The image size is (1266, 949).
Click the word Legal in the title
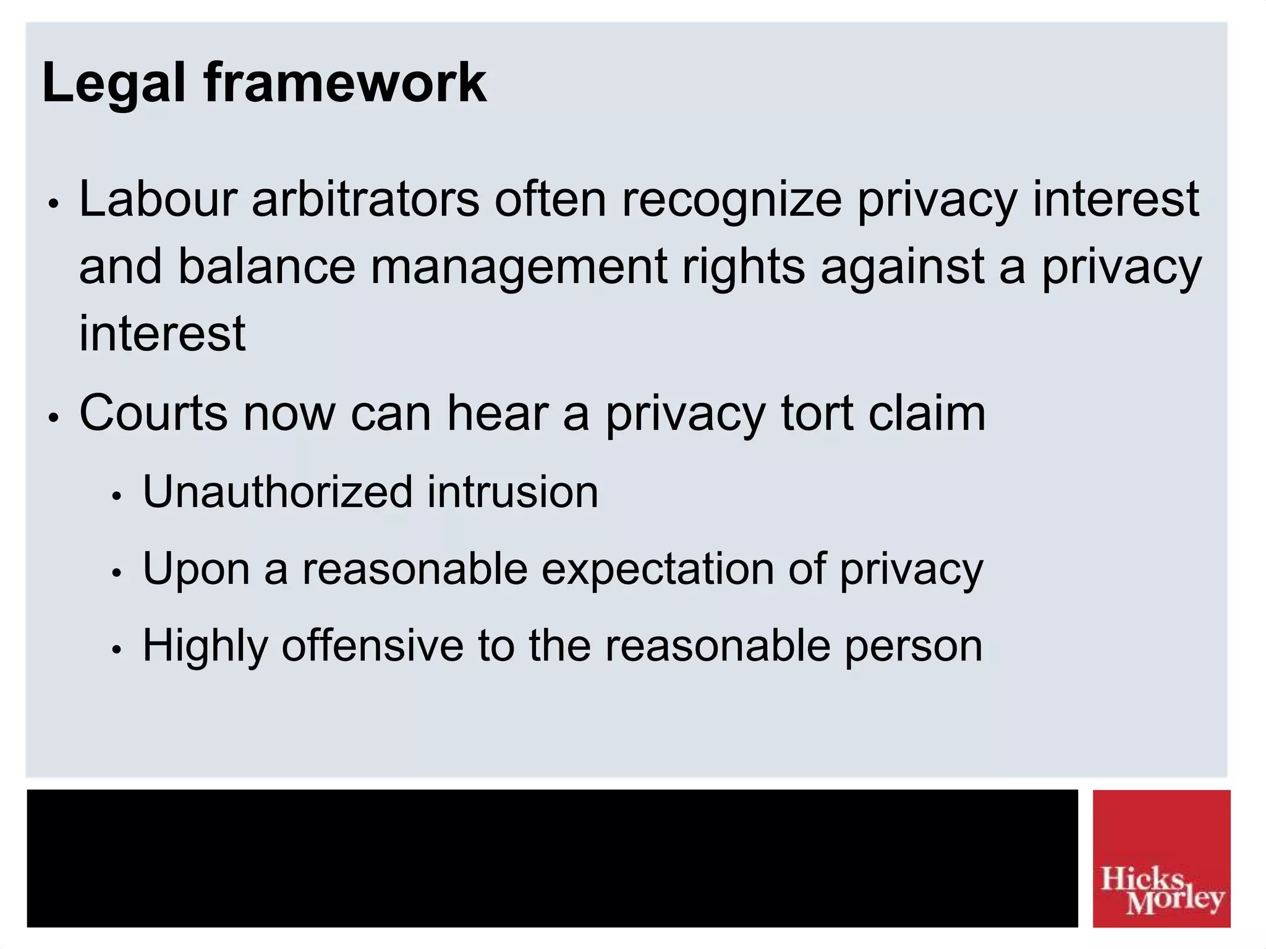tap(113, 83)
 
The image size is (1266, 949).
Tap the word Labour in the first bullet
tap(158, 200)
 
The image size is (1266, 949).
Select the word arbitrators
tap(365, 200)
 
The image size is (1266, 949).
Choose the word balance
tap(266, 266)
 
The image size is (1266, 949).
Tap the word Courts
tap(153, 413)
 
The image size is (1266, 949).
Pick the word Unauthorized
tap(277, 492)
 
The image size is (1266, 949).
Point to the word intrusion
tap(512, 492)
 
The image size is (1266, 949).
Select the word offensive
tap(372, 646)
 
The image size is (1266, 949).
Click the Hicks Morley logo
tap(1161, 858)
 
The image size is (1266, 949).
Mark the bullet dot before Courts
tap(54, 418)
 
